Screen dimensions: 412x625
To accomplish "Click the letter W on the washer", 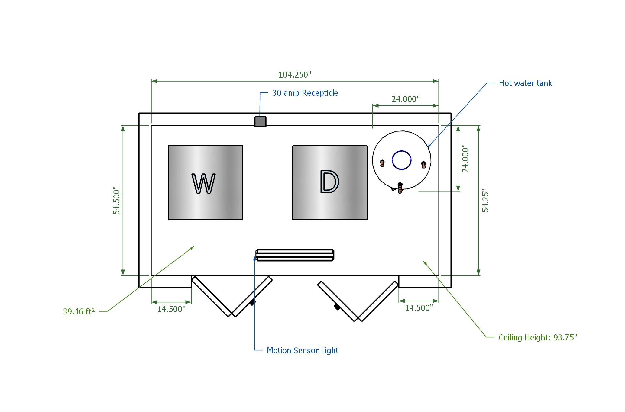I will pyautogui.click(x=204, y=183).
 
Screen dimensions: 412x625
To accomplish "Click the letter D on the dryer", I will pyautogui.click(x=329, y=182).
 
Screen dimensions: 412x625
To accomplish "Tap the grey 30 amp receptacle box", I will pyautogui.click(x=260, y=122).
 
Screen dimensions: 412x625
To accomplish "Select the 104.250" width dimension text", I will pyautogui.click(x=295, y=75).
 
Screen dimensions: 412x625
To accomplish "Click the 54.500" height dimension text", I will pyautogui.click(x=117, y=200).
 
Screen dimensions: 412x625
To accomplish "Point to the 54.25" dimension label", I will pyautogui.click(x=485, y=201).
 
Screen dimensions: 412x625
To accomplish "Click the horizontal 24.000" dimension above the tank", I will pyautogui.click(x=406, y=99).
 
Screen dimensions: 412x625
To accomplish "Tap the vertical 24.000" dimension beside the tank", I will pyautogui.click(x=465, y=158).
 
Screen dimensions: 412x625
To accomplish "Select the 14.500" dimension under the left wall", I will pyautogui.click(x=171, y=309).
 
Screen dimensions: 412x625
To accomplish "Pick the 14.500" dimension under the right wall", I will pyautogui.click(x=419, y=308).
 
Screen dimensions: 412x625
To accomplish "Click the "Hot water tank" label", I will pyautogui.click(x=525, y=83).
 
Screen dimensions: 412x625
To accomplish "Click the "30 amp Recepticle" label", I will pyautogui.click(x=305, y=93).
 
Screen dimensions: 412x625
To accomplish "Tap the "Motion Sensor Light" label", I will pyautogui.click(x=302, y=350).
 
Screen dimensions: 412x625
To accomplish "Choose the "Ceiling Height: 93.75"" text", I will pyautogui.click(x=538, y=337).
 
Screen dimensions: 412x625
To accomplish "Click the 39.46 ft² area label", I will pyautogui.click(x=79, y=311).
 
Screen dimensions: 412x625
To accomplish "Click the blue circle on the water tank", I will pyautogui.click(x=401, y=160).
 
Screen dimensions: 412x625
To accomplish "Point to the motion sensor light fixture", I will pyautogui.click(x=295, y=255).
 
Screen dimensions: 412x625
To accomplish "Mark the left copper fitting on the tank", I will pyautogui.click(x=382, y=163).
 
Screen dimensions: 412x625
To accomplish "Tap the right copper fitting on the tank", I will pyautogui.click(x=423, y=165).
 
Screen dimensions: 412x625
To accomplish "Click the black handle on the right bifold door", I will pyautogui.click(x=337, y=307).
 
